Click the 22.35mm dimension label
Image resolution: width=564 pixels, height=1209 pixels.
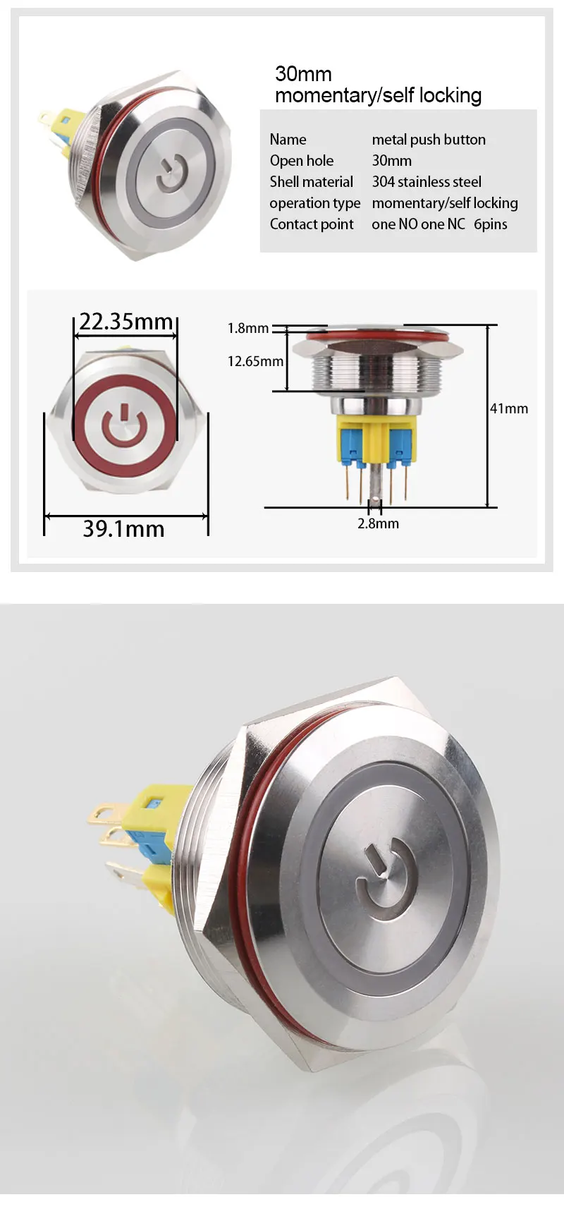click(x=125, y=322)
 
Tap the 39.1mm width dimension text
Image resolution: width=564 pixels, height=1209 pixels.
click(x=123, y=529)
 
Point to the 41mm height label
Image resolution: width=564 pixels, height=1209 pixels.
click(x=508, y=408)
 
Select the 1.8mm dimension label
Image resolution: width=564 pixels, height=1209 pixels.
click(x=248, y=328)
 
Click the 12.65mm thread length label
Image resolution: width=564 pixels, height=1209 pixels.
click(x=256, y=361)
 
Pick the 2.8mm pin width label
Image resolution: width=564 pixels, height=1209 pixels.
click(x=378, y=523)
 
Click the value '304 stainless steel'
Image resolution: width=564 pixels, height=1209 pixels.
click(x=427, y=182)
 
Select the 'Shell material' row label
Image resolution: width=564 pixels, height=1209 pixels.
click(x=311, y=182)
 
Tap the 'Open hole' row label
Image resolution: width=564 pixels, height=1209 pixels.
click(x=302, y=161)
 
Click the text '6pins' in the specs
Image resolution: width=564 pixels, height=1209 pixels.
click(x=491, y=224)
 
